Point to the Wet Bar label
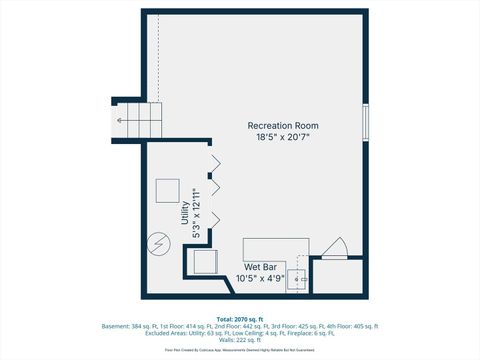[x=260, y=268]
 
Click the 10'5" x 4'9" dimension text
[x=260, y=279]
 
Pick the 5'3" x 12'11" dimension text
[x=197, y=213]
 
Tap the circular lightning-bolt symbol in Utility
[x=158, y=243]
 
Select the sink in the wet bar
[x=297, y=279]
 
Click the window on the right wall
[x=366, y=121]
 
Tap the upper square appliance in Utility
[x=166, y=190]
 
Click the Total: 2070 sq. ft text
[x=240, y=319]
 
